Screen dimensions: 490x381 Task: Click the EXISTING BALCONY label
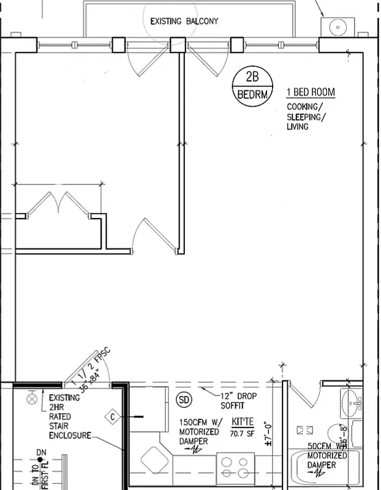coord(184,21)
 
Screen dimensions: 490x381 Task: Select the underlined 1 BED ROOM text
coord(311,92)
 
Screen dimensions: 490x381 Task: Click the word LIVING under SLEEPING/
coord(297,127)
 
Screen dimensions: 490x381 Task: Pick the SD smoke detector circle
coord(184,400)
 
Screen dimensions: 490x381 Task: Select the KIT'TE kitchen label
coord(243,423)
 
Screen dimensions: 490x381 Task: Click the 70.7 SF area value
coord(243,434)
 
